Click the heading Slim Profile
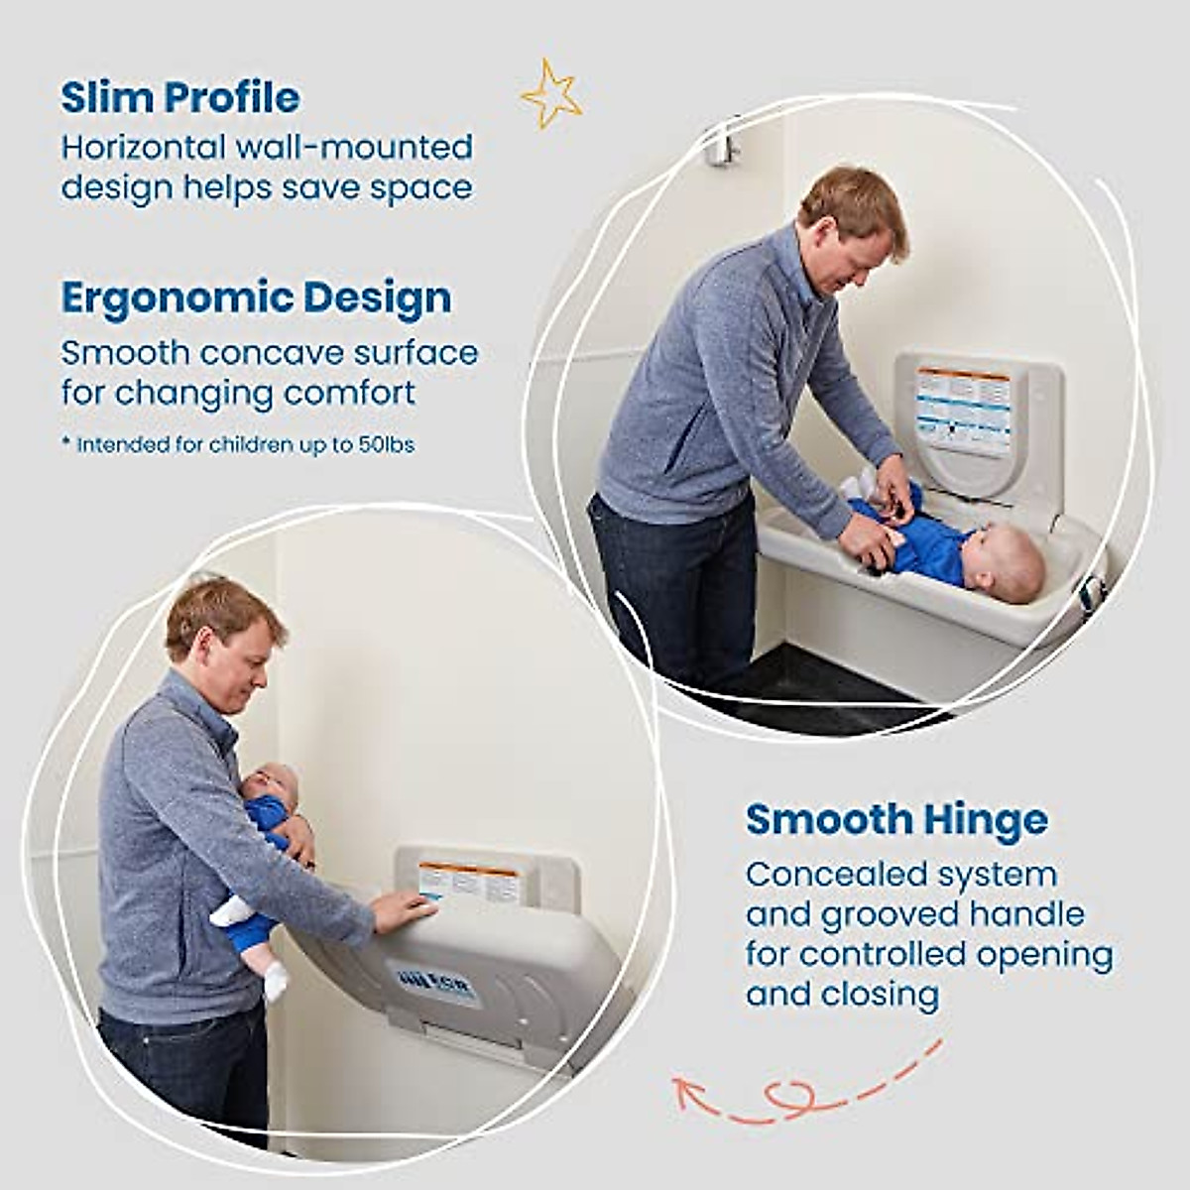click(180, 97)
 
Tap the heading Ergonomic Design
click(256, 297)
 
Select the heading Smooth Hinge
click(896, 820)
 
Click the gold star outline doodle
click(551, 93)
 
